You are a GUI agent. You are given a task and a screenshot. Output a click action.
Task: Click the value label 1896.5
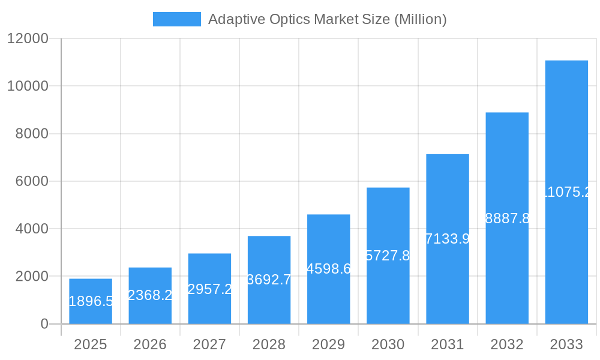(91, 301)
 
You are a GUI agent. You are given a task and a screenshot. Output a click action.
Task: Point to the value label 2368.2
(150, 295)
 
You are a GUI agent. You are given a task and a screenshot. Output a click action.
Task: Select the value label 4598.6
(328, 269)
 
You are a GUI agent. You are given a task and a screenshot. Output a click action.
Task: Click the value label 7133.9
(447, 239)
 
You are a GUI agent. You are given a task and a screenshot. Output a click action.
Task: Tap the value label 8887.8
(507, 218)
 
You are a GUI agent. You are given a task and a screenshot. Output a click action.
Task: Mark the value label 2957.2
(209, 289)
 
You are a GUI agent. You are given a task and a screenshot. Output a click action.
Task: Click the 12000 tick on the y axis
(27, 38)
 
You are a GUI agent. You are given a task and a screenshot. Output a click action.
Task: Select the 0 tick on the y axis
(44, 324)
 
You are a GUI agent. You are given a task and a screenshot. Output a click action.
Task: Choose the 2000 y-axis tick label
(31, 277)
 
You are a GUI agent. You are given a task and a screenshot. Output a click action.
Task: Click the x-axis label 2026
(150, 344)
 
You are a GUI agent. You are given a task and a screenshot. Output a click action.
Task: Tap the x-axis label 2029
(328, 344)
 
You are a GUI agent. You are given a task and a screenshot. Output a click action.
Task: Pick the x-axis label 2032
(507, 344)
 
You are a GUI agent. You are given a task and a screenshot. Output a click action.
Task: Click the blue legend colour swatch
(177, 19)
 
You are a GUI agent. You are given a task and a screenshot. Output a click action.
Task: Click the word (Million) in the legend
(420, 19)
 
